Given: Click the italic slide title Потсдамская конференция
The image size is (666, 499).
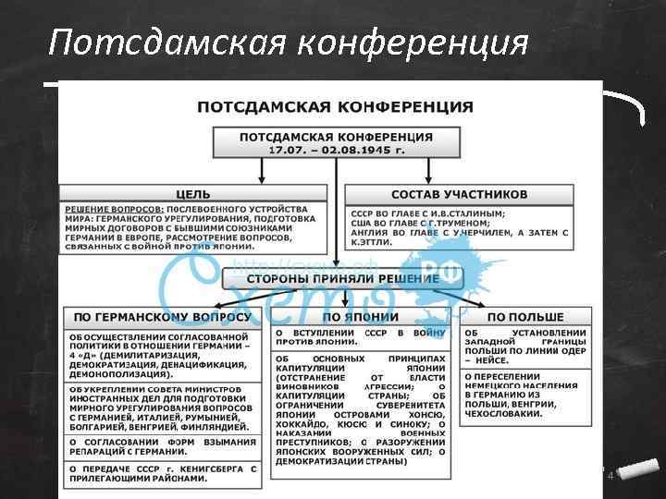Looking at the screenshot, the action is [289, 43].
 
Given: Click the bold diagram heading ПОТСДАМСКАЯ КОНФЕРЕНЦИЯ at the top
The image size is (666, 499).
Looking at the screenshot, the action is [334, 107].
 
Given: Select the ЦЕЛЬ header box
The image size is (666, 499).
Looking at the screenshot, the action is [193, 194].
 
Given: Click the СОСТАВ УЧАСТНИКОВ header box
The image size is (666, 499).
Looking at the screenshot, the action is [459, 194].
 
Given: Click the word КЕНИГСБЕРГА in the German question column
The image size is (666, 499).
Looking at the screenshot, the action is [204, 469].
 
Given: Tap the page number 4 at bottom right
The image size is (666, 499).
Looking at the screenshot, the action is [610, 475].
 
